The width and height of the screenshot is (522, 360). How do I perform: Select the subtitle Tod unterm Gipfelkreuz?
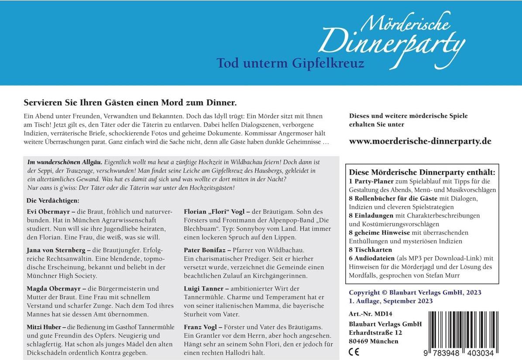click(x=290, y=63)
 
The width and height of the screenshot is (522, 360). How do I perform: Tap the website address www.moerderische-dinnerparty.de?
click(x=420, y=141)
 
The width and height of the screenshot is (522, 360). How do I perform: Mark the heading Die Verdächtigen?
click(x=53, y=201)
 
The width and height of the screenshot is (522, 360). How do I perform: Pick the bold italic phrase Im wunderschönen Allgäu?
click(x=65, y=162)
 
